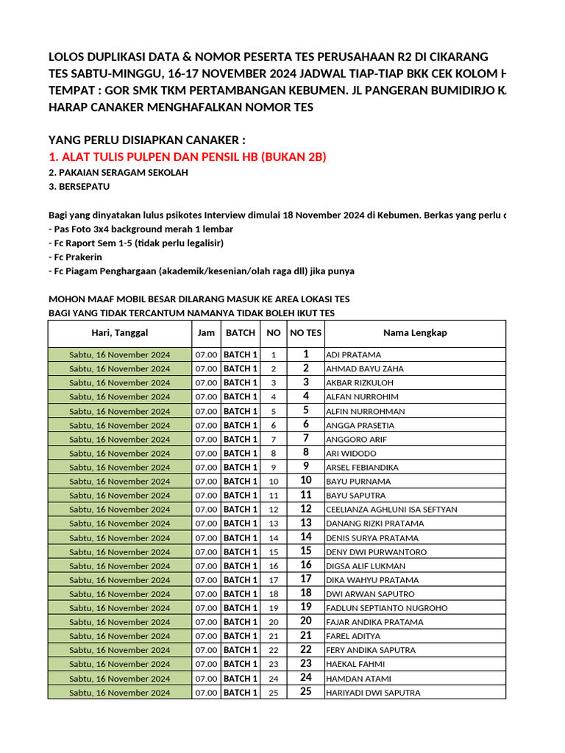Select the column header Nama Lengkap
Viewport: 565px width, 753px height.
pyautogui.click(x=415, y=333)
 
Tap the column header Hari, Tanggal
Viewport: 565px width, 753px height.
pyautogui.click(x=120, y=333)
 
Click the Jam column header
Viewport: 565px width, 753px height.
pyautogui.click(x=206, y=333)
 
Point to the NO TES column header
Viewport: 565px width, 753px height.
pyautogui.click(x=306, y=333)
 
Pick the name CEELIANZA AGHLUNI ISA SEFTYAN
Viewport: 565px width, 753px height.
pyautogui.click(x=391, y=510)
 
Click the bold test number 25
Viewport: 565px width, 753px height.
pyautogui.click(x=306, y=692)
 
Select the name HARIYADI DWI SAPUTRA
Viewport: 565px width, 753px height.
pyautogui.click(x=373, y=693)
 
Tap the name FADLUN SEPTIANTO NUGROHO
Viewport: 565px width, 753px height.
pyautogui.click(x=386, y=608)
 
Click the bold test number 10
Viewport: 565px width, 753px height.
pyautogui.click(x=306, y=481)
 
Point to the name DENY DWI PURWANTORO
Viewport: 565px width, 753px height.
pyautogui.click(x=376, y=552)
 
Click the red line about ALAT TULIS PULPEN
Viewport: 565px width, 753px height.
pyautogui.click(x=188, y=157)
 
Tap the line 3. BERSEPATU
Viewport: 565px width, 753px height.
pyautogui.click(x=79, y=188)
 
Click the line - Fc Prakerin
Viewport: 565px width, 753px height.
pyautogui.click(x=75, y=257)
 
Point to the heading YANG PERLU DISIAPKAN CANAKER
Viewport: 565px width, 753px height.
pyautogui.click(x=146, y=140)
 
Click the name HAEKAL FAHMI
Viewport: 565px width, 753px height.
pyautogui.click(x=356, y=664)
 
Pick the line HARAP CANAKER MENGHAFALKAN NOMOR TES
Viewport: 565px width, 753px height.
pyautogui.click(x=181, y=107)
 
